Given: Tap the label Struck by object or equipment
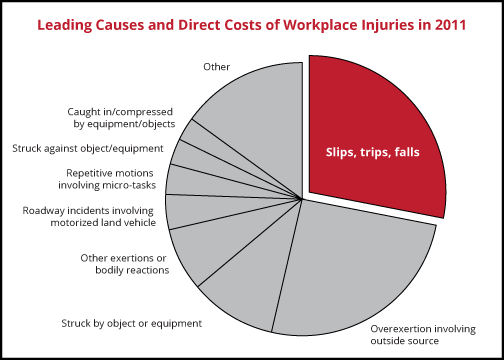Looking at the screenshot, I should (132, 323).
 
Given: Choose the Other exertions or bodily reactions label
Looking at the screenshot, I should (126, 264).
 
